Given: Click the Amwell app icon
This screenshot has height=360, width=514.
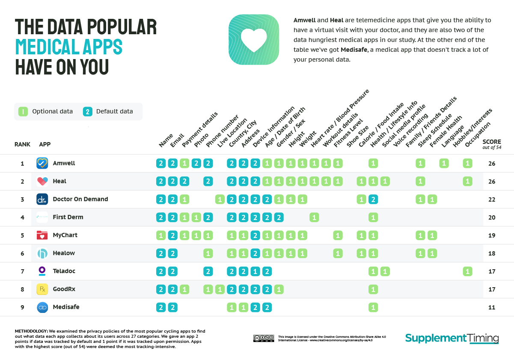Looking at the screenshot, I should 42,163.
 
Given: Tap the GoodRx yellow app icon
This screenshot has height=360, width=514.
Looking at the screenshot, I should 42,289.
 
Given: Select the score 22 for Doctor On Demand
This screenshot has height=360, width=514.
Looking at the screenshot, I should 492,199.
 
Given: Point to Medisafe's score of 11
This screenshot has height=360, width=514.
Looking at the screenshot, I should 492,307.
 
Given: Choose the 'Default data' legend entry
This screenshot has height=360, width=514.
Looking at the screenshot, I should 109,111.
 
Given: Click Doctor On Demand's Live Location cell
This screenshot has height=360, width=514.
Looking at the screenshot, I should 220,199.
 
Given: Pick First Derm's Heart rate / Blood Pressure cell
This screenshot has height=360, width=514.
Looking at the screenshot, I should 314,217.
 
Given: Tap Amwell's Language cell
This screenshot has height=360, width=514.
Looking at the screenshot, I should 444,163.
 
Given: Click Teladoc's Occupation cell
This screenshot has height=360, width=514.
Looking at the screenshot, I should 467,271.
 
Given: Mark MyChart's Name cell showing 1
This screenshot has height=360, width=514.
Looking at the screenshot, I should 161,235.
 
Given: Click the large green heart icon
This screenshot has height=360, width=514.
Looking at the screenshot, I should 254,40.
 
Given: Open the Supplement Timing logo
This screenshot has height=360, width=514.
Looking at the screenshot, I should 452,338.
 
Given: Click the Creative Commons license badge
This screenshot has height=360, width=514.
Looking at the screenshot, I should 263,338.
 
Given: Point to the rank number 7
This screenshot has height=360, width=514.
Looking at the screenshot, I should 22,271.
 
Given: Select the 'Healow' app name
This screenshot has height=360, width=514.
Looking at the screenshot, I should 64,253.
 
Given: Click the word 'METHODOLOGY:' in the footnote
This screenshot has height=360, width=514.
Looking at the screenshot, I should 31,331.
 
